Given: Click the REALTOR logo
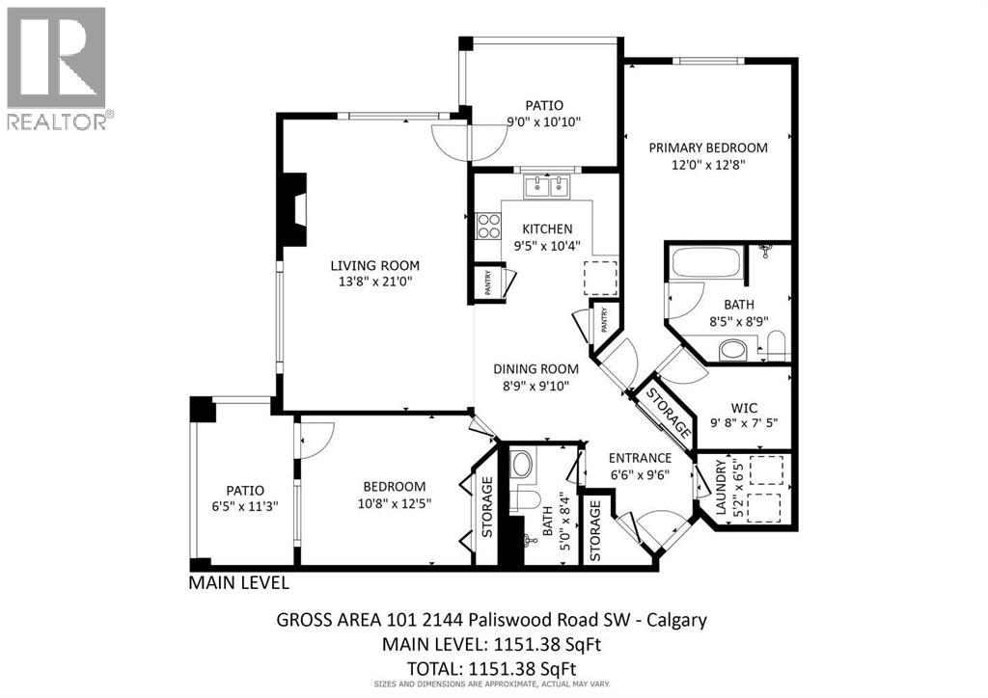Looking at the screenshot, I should point(57,68).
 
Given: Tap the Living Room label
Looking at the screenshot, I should point(375,265).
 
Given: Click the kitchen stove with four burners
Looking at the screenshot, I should point(489,226).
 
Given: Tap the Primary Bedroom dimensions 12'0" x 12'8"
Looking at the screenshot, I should point(707,165).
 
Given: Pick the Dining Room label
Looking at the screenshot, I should point(535,368).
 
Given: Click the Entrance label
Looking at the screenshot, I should point(639,457).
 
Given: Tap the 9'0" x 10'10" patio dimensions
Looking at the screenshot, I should point(543,121).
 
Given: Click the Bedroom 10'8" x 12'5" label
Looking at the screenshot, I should point(394,486).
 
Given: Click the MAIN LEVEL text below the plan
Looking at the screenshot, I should point(237,582).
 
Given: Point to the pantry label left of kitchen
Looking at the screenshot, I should point(488,282).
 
